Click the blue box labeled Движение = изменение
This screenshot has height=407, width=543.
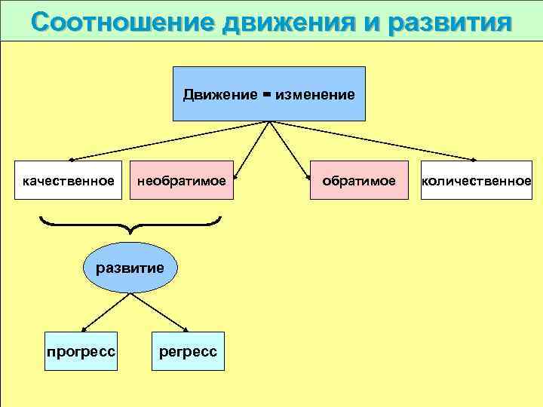click(x=268, y=94)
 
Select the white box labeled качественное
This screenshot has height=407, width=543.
click(x=69, y=180)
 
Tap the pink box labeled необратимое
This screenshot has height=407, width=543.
click(x=181, y=180)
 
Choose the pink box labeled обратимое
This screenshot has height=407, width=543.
click(x=359, y=180)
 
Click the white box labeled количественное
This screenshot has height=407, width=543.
click(x=476, y=180)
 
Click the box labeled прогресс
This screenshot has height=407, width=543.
click(x=81, y=351)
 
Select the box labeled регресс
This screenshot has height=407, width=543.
click(x=188, y=351)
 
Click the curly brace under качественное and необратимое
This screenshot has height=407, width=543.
click(x=130, y=224)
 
